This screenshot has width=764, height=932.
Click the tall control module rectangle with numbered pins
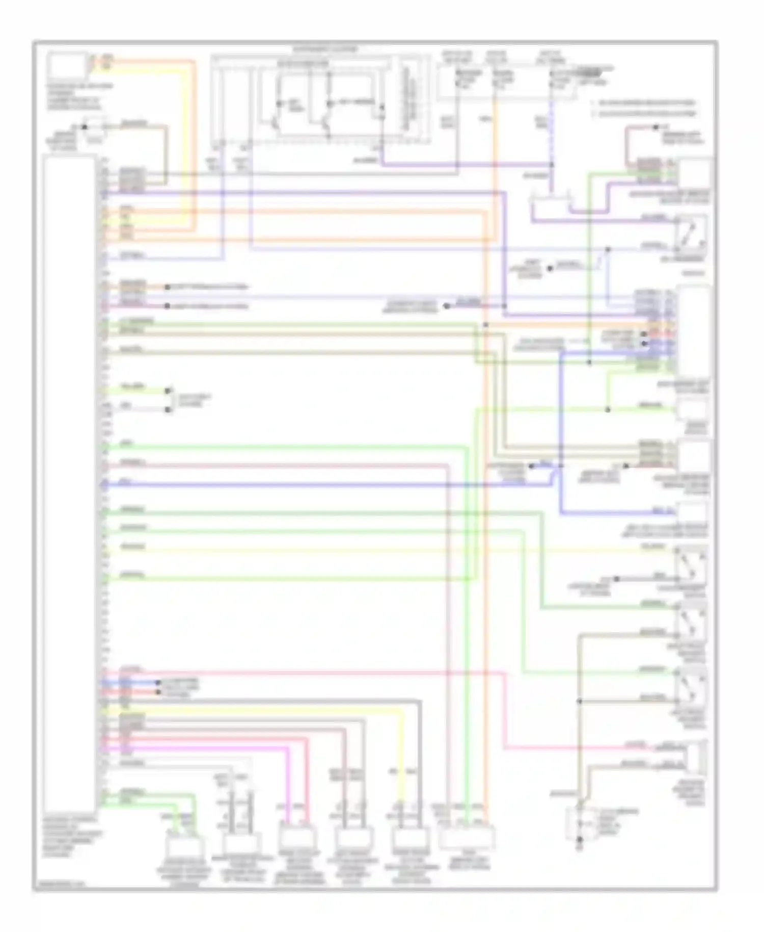tap(70, 479)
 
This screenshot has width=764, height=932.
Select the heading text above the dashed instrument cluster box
tap(325, 49)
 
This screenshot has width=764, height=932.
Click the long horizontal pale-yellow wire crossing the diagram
tap(387, 550)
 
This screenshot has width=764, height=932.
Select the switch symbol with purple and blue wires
tap(691, 234)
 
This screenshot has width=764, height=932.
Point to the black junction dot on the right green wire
tap(608, 409)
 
